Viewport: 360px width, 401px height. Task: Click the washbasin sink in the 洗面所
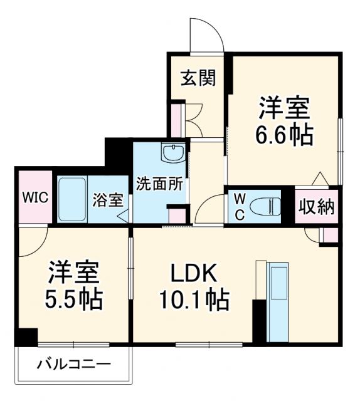coord(171,152)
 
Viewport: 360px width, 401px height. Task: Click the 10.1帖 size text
coord(193,300)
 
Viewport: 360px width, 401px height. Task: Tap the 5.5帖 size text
coord(73,300)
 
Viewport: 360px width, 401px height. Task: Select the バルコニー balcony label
coord(73,364)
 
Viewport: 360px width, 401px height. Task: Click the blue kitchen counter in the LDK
coord(277,301)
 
